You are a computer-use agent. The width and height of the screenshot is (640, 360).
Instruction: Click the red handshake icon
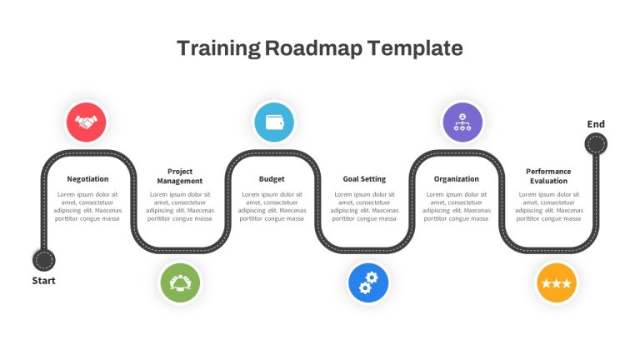click(86, 122)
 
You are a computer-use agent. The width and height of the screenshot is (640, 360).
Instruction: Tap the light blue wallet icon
click(274, 122)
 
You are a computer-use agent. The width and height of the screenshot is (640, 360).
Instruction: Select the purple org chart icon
click(462, 122)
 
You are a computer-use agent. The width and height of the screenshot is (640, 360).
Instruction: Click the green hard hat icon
click(180, 282)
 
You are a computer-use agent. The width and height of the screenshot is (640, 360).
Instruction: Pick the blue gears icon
click(368, 282)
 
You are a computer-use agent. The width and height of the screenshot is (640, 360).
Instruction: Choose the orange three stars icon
click(557, 282)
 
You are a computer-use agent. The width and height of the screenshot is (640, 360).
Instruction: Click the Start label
click(43, 281)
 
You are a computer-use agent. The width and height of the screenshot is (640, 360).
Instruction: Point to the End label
click(596, 124)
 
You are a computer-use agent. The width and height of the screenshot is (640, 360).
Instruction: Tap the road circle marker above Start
click(43, 260)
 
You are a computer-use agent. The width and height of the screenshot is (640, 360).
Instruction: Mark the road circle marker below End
click(596, 144)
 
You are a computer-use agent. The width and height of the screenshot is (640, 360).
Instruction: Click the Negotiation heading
click(87, 179)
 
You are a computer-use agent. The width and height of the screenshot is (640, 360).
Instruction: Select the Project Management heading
click(180, 176)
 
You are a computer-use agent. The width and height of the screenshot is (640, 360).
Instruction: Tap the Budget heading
click(272, 179)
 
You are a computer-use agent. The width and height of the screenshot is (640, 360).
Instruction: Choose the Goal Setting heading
click(364, 179)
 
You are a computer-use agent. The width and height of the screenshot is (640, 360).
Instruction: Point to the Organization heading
click(457, 179)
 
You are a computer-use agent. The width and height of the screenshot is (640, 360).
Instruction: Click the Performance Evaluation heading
click(548, 176)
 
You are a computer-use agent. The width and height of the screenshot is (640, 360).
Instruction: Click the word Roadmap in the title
click(313, 48)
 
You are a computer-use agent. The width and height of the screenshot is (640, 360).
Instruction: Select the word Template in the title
click(415, 48)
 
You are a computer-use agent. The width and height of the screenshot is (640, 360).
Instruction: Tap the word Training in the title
click(219, 48)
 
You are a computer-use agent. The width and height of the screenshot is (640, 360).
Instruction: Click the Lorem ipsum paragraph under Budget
click(272, 207)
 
